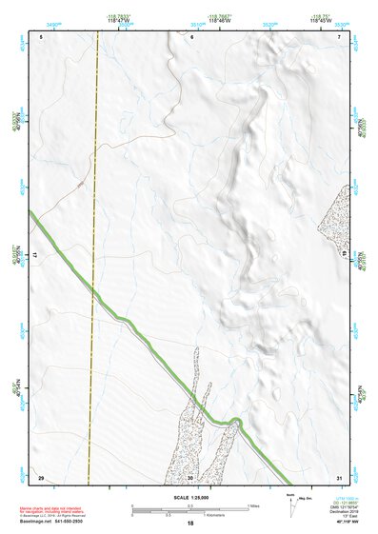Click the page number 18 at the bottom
point(189,524)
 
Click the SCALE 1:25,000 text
point(189,497)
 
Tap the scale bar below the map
point(189,508)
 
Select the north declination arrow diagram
point(291,504)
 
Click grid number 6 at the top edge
point(191,36)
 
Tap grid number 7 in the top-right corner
point(340,36)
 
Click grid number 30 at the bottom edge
point(190,476)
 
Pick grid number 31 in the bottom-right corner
point(339,476)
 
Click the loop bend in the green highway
point(234,420)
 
